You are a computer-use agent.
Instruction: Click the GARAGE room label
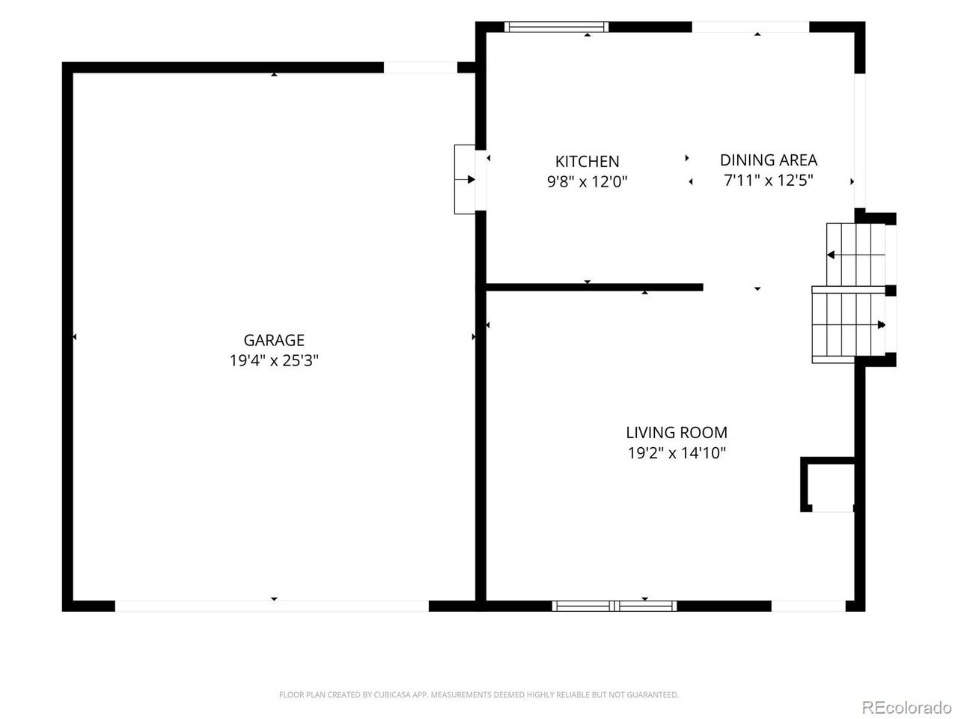274,340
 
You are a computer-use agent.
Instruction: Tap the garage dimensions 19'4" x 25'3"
274,360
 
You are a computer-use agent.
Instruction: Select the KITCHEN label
587,162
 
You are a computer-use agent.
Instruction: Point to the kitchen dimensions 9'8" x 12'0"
587,181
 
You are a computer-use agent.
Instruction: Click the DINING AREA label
769,160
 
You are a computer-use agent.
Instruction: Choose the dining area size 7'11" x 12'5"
769,180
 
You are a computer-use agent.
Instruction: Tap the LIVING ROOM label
677,433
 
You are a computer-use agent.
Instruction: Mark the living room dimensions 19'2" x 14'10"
677,452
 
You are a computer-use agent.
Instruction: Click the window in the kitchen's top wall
557,27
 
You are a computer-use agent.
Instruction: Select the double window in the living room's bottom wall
614,606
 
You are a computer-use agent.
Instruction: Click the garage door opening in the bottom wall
272,606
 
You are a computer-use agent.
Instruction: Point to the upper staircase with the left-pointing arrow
855,255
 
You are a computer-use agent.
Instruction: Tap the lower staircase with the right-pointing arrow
848,325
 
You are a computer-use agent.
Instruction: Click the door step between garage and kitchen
465,180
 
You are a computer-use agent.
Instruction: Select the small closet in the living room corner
828,485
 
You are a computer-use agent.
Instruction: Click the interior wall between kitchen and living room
594,288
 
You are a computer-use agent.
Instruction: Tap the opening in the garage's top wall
421,67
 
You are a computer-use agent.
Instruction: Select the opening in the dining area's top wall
750,27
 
